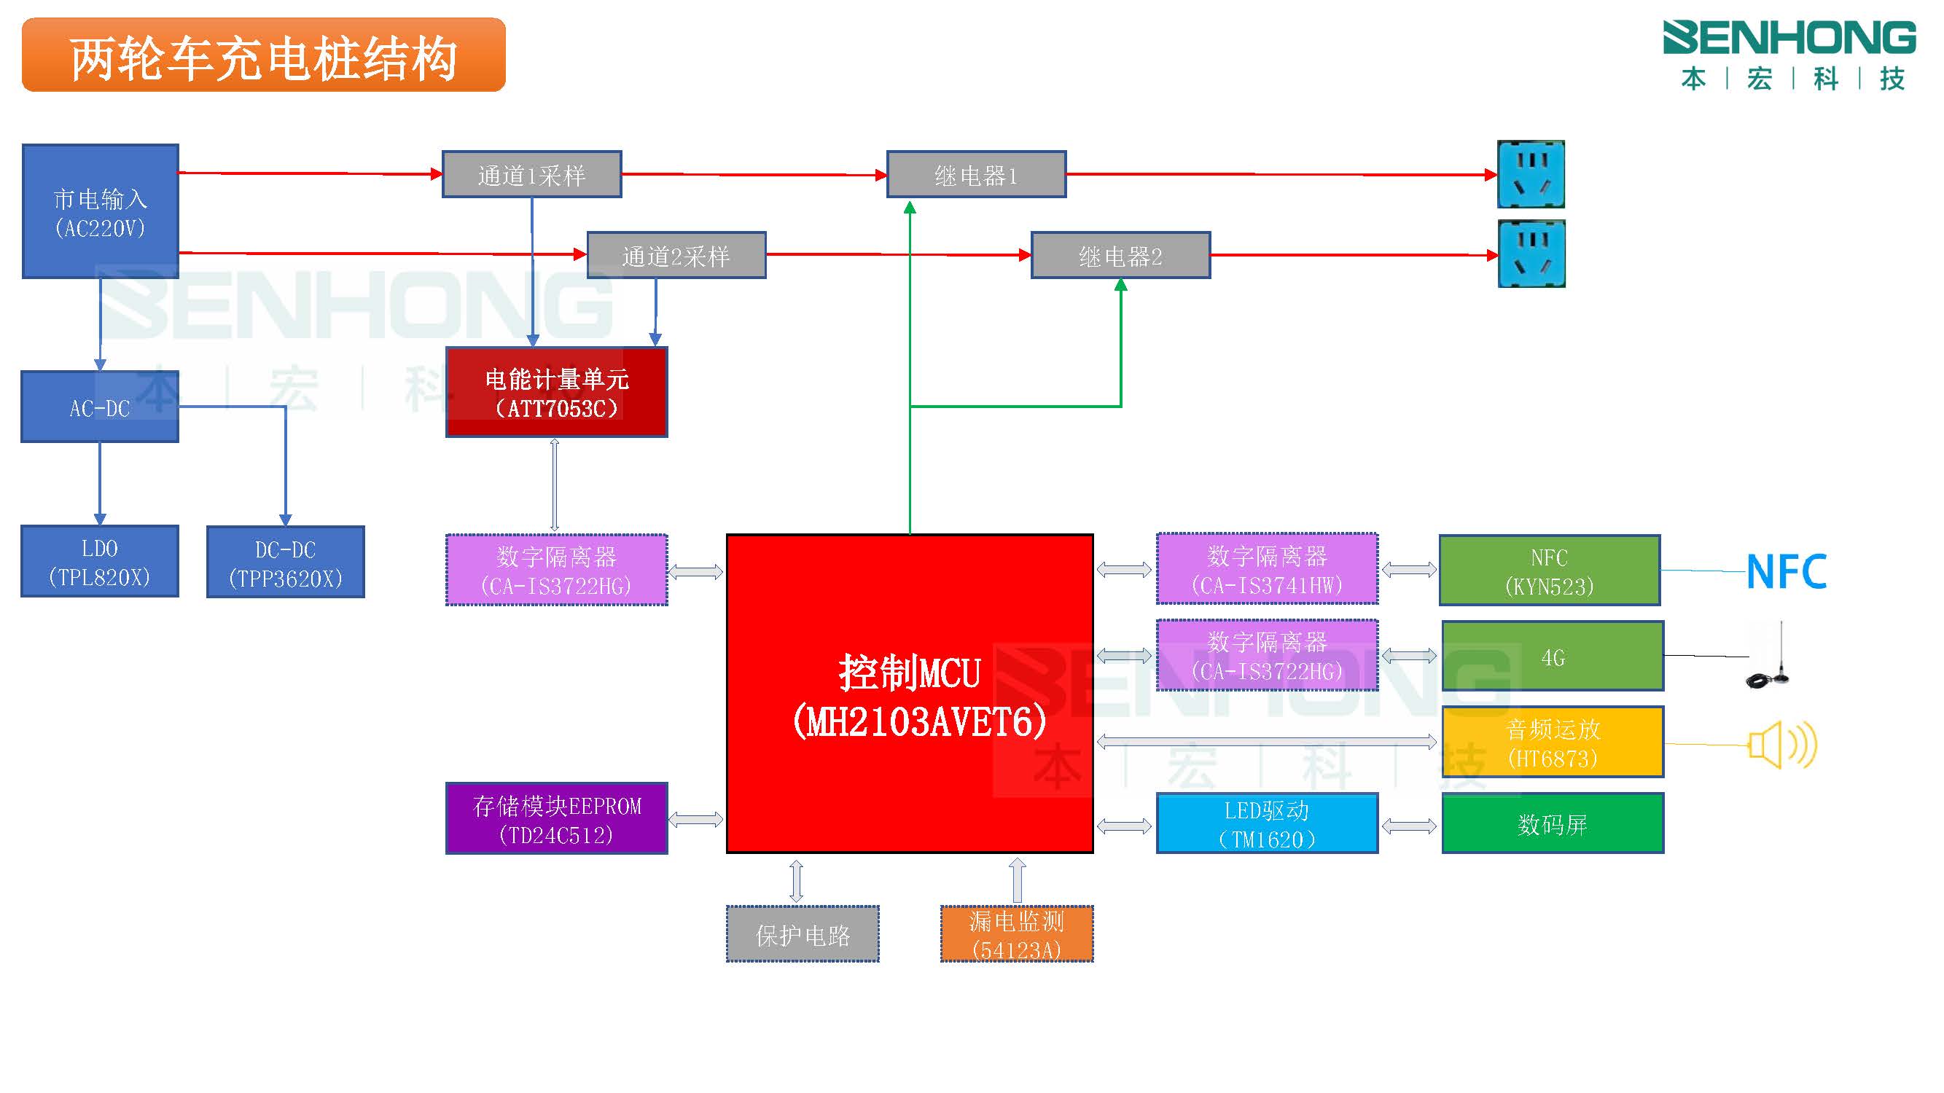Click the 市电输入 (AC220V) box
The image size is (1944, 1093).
(x=101, y=212)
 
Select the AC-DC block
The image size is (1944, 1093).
(x=100, y=407)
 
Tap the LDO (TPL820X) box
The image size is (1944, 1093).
(x=100, y=562)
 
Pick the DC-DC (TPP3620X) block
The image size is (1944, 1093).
(x=285, y=563)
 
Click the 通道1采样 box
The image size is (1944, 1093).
(x=531, y=175)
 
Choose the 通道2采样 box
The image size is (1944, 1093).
(x=676, y=256)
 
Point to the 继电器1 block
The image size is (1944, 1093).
(x=976, y=175)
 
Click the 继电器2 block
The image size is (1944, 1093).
(x=1120, y=256)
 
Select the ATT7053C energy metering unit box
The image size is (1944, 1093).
(x=556, y=392)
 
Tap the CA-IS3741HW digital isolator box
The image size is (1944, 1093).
(x=1267, y=570)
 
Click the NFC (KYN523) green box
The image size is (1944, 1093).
(x=1550, y=571)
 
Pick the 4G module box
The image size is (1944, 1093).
(x=1553, y=657)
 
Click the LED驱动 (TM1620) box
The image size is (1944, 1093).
(x=1267, y=823)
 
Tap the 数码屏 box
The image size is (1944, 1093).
(x=1553, y=823)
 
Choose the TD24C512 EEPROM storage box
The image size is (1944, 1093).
(x=556, y=819)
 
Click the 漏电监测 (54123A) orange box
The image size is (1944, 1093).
(x=1017, y=935)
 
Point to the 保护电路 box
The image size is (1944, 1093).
(x=803, y=935)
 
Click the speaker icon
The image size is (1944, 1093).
(x=1781, y=745)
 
